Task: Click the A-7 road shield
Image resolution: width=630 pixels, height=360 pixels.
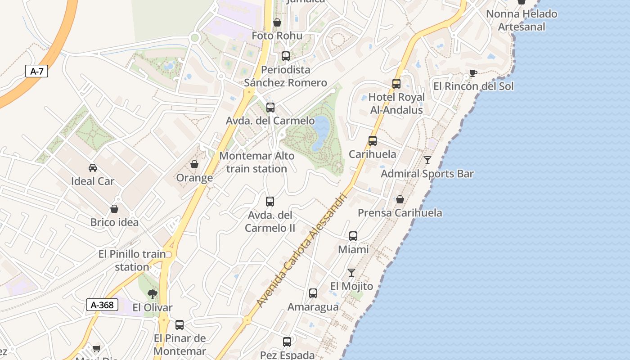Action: (x=36, y=71)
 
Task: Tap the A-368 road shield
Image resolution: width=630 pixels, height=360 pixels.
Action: (x=102, y=305)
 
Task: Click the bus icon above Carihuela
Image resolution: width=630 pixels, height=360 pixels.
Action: (x=373, y=140)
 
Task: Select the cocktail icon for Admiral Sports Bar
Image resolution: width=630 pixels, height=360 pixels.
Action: (x=427, y=160)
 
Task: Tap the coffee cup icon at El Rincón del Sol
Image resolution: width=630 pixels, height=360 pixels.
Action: (x=473, y=73)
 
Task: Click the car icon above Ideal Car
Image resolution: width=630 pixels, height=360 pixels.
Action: (x=93, y=168)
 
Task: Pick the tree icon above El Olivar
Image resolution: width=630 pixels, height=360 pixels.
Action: (x=153, y=294)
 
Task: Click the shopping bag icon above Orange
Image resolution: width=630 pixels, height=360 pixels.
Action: (x=194, y=164)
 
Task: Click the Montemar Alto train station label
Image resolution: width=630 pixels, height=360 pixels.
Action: (x=256, y=162)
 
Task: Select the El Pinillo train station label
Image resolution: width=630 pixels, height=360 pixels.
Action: (x=132, y=261)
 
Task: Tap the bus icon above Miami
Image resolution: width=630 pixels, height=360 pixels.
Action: (x=353, y=236)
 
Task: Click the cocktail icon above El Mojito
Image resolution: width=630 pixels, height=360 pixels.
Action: (x=351, y=273)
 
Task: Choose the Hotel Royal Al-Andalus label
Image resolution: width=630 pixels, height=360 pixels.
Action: (x=396, y=103)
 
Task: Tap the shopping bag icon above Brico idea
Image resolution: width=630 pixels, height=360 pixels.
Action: (x=114, y=209)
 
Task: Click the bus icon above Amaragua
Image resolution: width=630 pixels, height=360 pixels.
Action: (x=313, y=293)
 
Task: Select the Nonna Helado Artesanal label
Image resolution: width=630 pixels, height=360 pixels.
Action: (x=522, y=20)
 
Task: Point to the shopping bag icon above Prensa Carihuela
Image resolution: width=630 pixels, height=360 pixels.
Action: (x=400, y=199)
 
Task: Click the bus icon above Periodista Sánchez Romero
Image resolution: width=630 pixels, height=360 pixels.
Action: (x=286, y=56)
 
